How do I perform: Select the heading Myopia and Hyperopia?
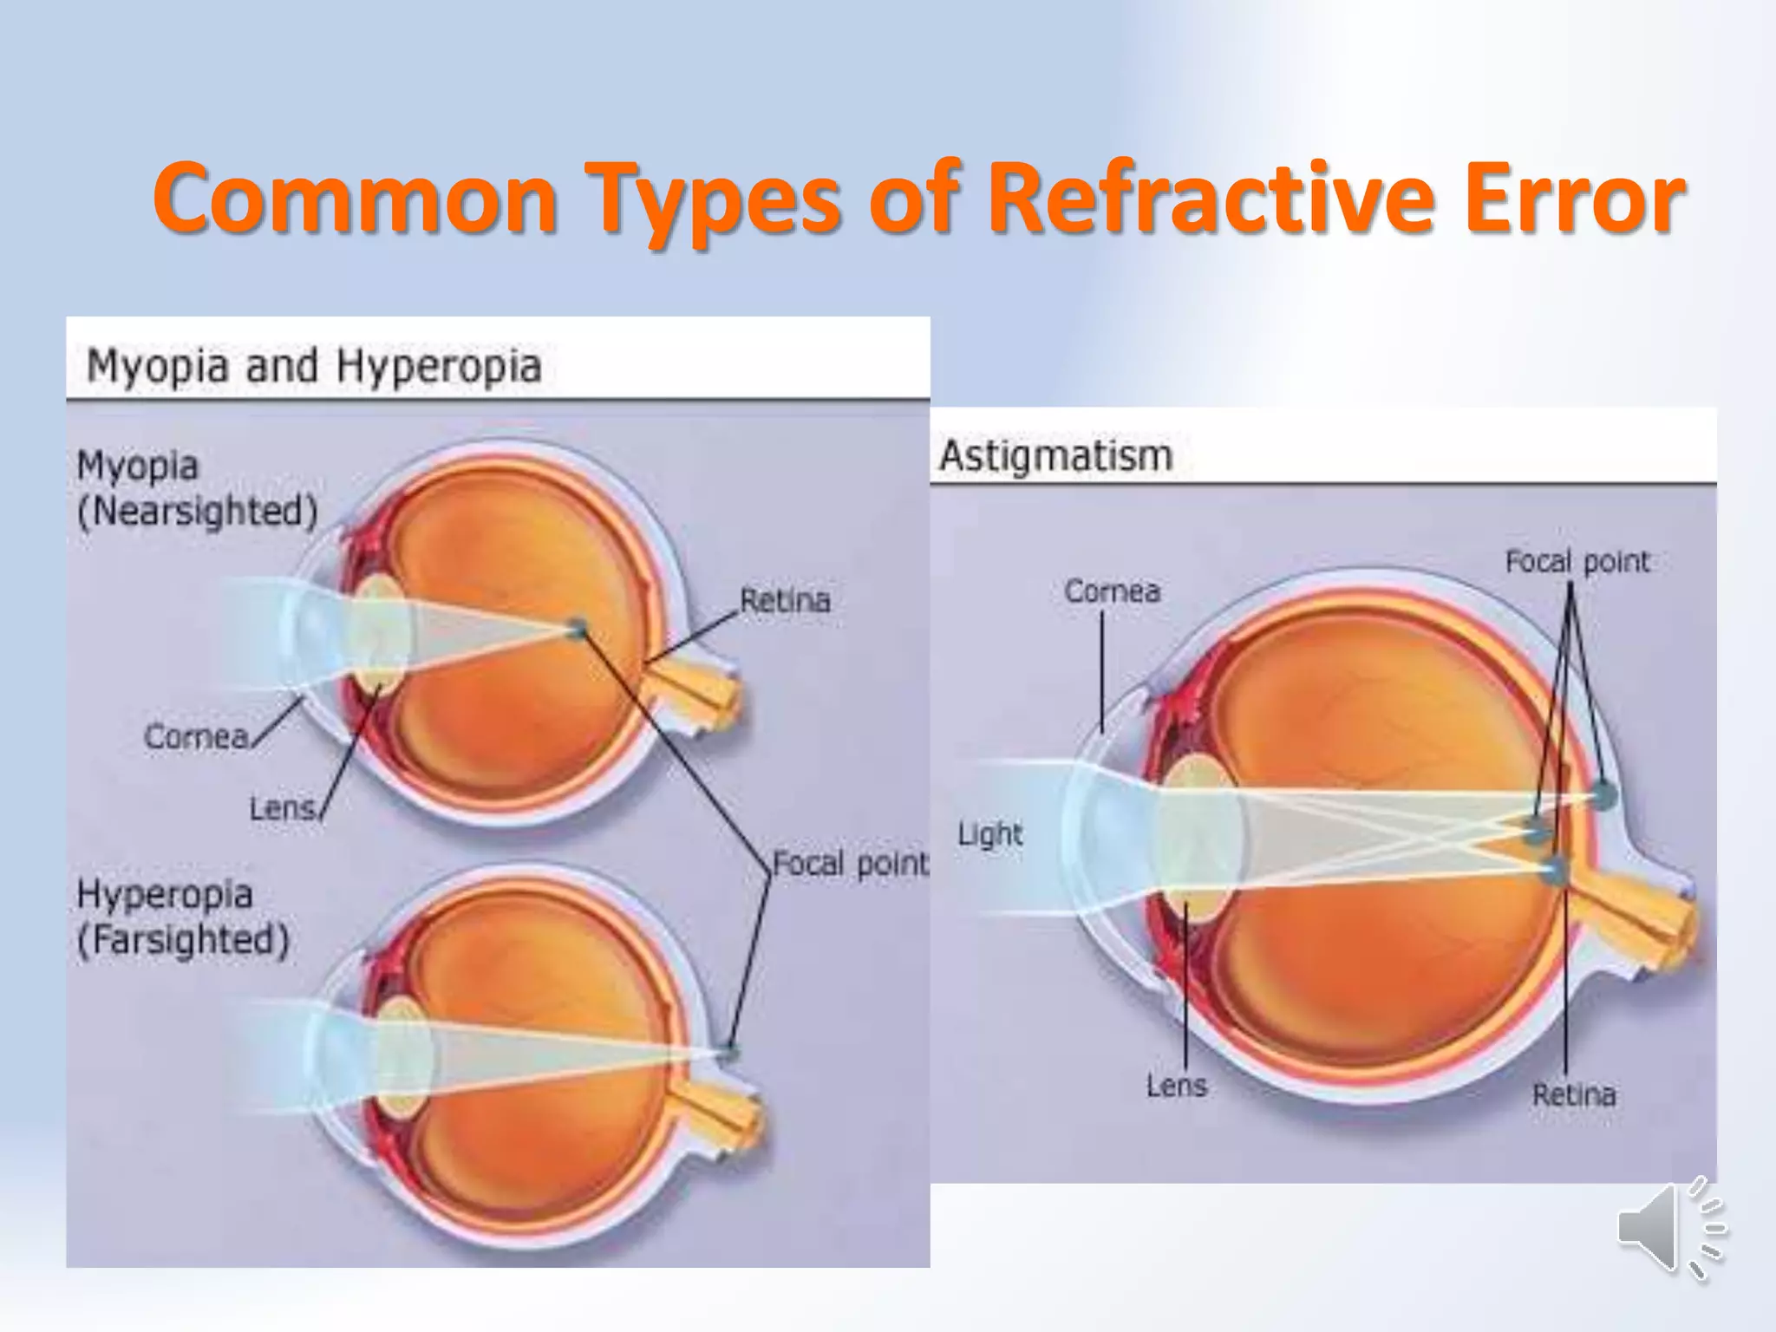(x=314, y=365)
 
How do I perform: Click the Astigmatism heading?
(x=1055, y=455)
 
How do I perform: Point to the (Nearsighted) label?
(x=198, y=511)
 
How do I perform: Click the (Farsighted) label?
(x=183, y=940)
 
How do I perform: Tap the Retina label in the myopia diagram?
(x=785, y=600)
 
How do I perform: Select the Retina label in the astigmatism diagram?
(x=1574, y=1094)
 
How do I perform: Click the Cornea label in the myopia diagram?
(x=196, y=736)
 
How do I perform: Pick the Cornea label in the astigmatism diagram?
(x=1112, y=591)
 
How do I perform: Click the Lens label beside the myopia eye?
(x=282, y=808)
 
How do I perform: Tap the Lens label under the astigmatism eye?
(x=1176, y=1086)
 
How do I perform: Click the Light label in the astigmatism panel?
(x=989, y=834)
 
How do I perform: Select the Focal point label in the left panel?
(x=849, y=864)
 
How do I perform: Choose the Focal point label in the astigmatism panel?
(x=1577, y=562)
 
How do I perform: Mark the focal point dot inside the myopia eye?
(x=577, y=628)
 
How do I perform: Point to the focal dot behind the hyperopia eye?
(x=729, y=1053)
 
